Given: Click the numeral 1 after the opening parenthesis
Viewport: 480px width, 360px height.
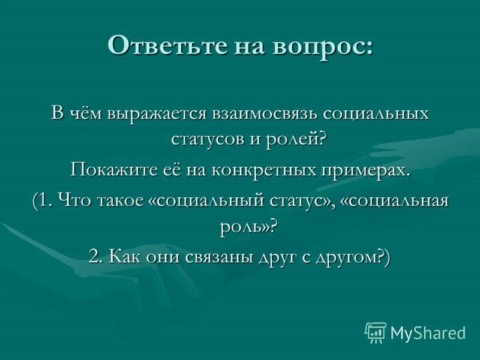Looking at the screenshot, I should (x=46, y=201).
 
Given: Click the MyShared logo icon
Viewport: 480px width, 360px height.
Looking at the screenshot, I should (x=376, y=332).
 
